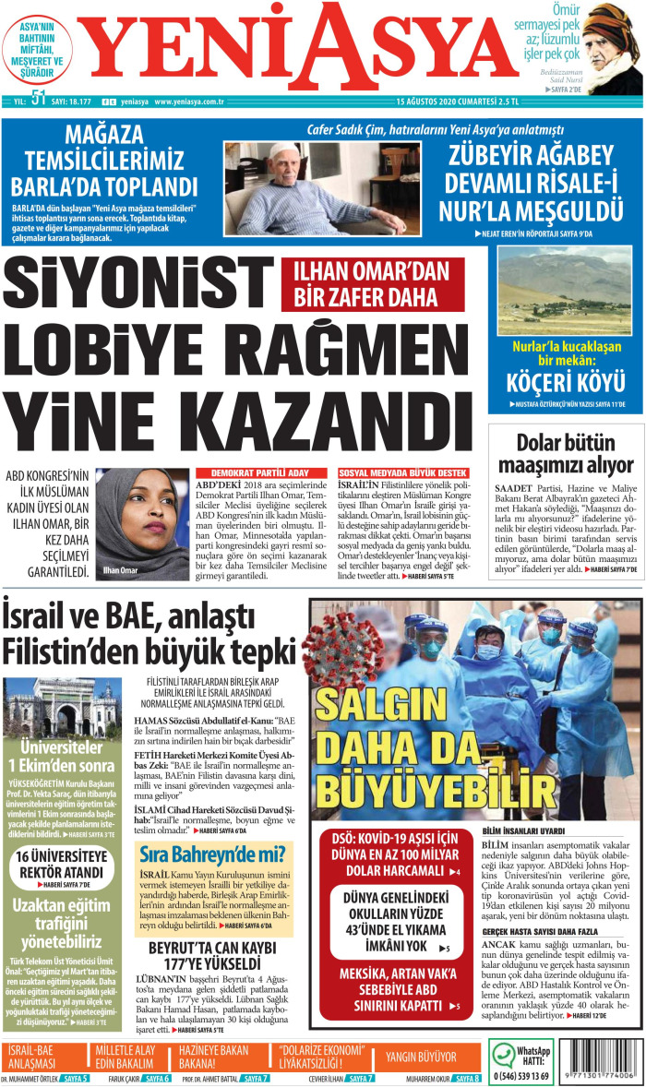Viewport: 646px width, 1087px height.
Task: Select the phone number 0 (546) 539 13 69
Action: (x=522, y=1076)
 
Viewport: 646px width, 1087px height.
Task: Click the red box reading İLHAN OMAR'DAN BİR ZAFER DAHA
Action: (x=371, y=283)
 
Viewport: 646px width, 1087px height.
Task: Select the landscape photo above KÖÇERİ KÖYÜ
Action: (x=565, y=290)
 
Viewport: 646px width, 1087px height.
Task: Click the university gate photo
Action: (x=59, y=707)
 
